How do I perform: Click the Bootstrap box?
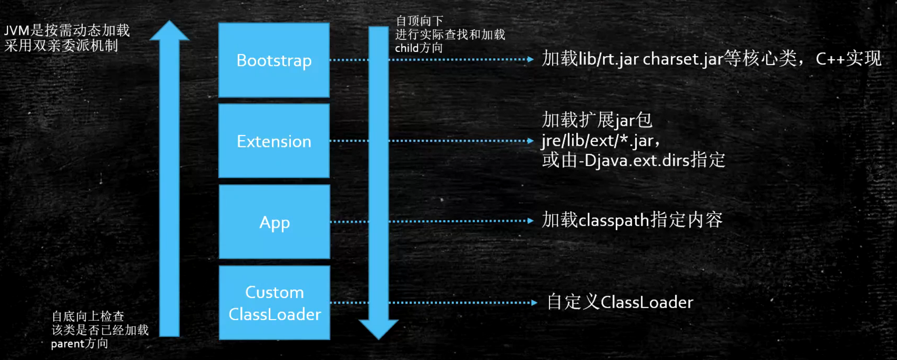[274, 60]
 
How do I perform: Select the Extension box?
[274, 141]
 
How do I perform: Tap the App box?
[274, 222]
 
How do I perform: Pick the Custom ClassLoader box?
[274, 303]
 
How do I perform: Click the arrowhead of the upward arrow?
[170, 31]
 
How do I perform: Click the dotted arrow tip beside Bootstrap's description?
[530, 59]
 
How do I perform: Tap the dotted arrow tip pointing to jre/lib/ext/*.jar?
[530, 141]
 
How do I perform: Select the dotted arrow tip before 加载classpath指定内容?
[530, 221]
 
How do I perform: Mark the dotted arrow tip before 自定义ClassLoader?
[534, 303]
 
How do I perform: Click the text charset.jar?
[683, 59]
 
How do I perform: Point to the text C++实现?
[848, 59]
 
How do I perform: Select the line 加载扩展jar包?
[597, 120]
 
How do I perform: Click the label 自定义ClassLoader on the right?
[620, 302]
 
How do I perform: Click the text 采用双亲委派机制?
[61, 46]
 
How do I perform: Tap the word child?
[406, 48]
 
